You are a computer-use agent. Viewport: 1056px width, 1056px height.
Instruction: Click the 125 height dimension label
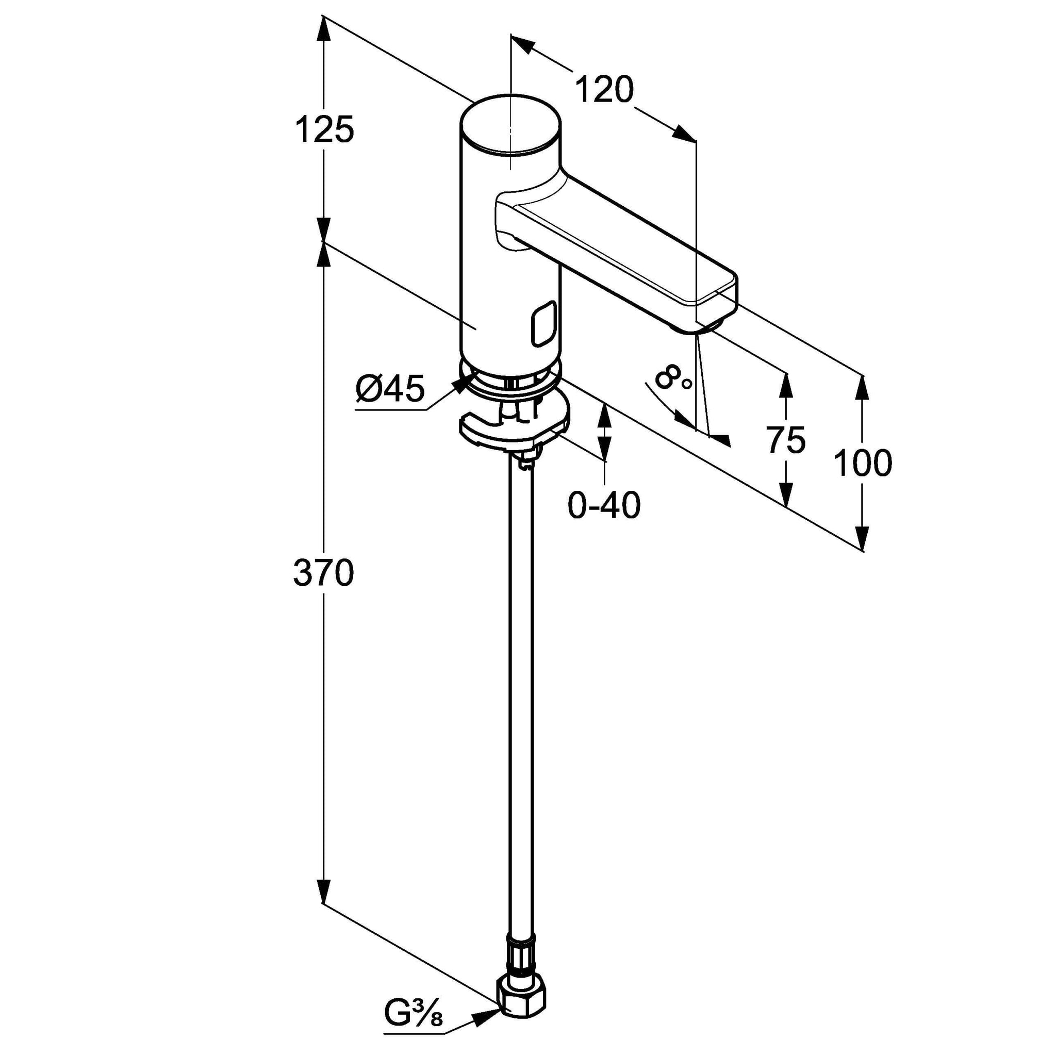point(324,130)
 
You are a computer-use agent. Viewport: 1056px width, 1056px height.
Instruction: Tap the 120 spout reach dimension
point(604,90)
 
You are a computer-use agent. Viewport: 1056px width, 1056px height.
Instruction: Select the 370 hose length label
point(324,573)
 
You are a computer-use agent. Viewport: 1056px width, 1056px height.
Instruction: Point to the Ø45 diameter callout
point(390,389)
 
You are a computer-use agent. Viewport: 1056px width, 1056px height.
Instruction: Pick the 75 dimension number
point(786,439)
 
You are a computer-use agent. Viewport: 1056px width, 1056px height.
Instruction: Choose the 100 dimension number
point(863,463)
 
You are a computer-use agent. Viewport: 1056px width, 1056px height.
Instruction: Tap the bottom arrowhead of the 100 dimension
point(863,538)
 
